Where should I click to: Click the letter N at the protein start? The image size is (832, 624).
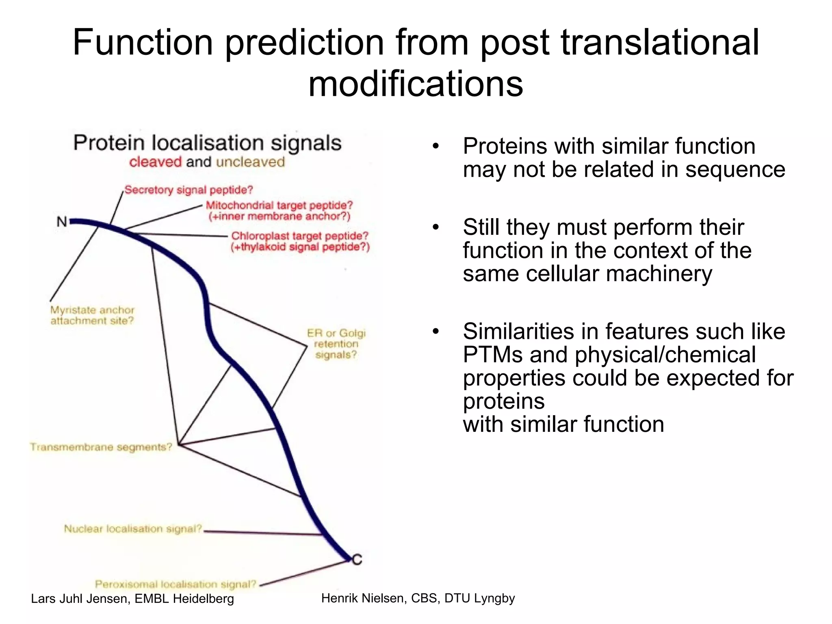coord(62,222)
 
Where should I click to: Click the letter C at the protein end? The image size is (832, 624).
coord(357,560)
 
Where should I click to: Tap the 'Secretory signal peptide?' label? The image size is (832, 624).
coord(188,190)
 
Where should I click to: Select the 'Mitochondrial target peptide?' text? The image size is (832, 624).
coord(279,205)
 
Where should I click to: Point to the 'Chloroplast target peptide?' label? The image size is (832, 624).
coord(300,236)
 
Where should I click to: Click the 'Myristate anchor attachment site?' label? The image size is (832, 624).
coord(92,315)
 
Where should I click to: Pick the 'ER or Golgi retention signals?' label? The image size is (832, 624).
coord(336,344)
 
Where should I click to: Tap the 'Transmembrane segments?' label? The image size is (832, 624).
coord(101,447)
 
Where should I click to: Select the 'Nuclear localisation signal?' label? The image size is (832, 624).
coord(133,529)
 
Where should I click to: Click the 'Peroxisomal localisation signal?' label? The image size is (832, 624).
coord(175,584)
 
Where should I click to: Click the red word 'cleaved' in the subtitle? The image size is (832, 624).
coord(155,162)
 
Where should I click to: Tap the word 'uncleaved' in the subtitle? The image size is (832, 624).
coord(250,162)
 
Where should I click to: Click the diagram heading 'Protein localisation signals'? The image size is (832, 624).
coord(207,143)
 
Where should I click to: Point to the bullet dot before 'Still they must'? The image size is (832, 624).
coord(436,227)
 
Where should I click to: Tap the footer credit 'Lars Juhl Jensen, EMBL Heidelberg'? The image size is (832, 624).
coord(132,598)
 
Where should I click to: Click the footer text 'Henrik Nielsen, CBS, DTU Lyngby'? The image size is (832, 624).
coord(418,598)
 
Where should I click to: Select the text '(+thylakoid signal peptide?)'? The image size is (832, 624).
coord(300,247)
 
